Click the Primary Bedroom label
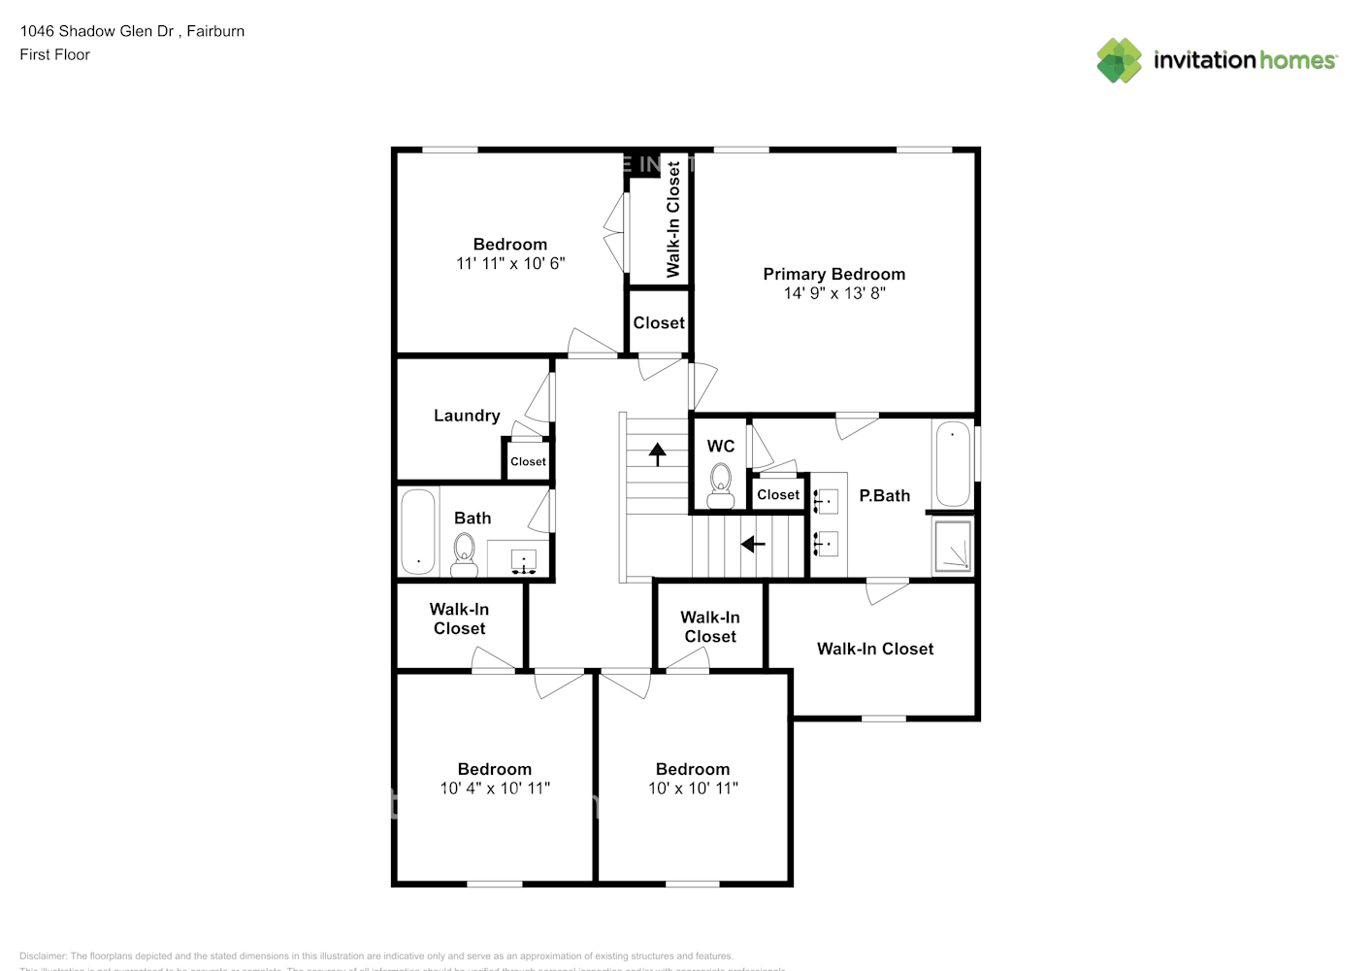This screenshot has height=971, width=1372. tap(833, 275)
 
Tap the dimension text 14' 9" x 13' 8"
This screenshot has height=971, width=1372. tap(833, 293)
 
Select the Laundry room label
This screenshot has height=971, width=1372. tap(467, 416)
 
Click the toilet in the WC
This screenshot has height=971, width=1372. tap(720, 484)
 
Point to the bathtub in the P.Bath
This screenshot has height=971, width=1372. tap(952, 464)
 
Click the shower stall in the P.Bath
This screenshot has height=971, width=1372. tap(952, 546)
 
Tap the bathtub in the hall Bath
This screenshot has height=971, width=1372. tap(418, 532)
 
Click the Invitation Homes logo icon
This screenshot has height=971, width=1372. tap(1119, 60)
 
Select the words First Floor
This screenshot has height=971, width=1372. tap(54, 54)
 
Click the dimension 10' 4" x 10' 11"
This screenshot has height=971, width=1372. tap(495, 788)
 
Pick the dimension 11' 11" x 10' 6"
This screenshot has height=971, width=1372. tap(510, 263)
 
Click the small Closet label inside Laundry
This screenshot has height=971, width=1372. tap(528, 462)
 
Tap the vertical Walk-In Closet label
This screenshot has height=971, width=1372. tap(673, 219)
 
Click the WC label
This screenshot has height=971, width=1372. tap(720, 446)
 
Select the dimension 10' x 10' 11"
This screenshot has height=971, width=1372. tap(693, 788)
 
